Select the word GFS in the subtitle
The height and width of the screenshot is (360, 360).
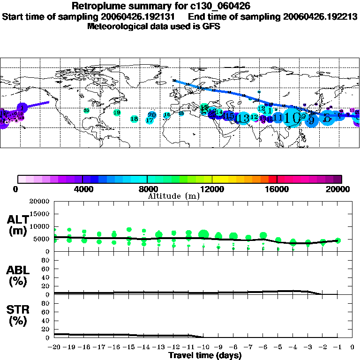tap(211, 26)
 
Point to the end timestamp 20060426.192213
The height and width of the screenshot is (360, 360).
tap(320, 17)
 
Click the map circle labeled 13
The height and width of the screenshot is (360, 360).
tap(243, 118)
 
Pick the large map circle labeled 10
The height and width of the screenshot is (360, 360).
tap(292, 117)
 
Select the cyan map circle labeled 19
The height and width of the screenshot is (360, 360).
tap(117, 112)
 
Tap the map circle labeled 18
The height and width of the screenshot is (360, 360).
tap(134, 119)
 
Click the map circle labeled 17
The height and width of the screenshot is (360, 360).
tap(150, 120)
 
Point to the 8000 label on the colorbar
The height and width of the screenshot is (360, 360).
tap(147, 189)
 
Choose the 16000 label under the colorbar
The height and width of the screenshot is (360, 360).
tap(277, 189)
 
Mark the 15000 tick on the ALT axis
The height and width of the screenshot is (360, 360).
tap(40, 214)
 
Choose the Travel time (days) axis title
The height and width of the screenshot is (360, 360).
tap(205, 355)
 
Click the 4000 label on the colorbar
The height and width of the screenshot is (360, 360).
tap(82, 189)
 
